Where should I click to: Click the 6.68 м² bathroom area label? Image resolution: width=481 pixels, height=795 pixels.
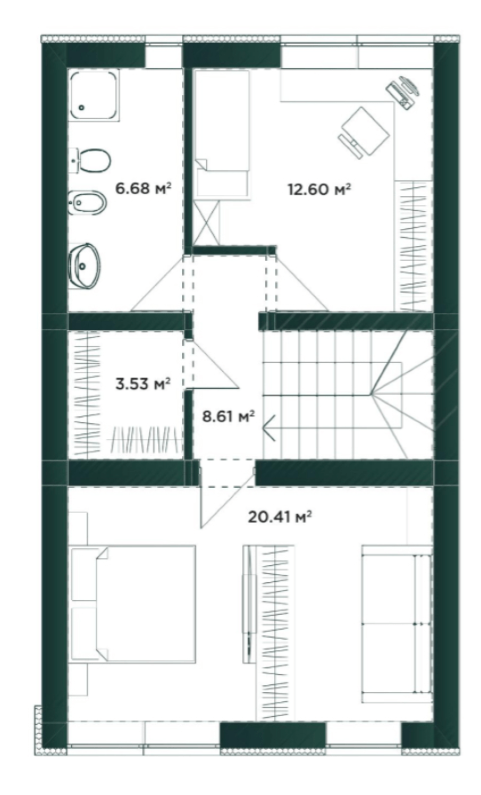143,188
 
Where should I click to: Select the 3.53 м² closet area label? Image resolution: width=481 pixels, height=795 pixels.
143,383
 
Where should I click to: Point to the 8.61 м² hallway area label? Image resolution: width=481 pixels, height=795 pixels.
228,416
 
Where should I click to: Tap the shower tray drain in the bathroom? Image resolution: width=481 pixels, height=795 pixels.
82,107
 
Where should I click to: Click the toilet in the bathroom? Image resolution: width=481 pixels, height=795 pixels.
90,161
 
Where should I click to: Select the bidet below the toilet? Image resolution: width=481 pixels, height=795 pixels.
88,203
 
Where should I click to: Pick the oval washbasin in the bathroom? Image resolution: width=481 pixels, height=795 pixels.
85,265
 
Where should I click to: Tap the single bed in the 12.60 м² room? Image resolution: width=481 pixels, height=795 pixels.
222,133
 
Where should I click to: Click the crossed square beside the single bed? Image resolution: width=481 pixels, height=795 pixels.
205,222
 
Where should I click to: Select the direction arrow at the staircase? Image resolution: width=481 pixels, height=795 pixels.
269,428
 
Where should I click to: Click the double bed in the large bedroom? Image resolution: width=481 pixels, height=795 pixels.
133,604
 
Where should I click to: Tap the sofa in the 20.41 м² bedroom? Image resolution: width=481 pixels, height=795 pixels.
397,624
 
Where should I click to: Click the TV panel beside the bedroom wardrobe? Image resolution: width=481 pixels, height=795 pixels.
249,604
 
